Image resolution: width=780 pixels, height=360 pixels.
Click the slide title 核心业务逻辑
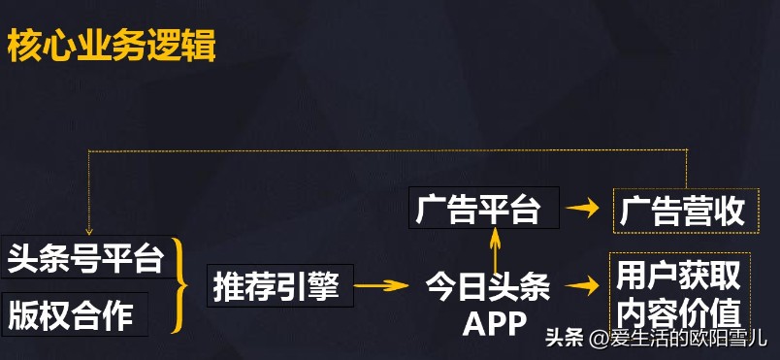112,47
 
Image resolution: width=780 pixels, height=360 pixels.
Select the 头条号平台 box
83,259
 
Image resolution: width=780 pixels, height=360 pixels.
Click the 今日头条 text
488,287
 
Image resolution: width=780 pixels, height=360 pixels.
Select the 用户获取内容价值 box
678,295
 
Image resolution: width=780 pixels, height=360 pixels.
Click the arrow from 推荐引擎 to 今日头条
380,285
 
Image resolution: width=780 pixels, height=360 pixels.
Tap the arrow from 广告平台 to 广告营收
582,208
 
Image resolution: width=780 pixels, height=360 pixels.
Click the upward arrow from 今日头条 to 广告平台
495,250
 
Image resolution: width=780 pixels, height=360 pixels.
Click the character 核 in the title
24,47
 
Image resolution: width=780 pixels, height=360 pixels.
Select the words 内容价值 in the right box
678,313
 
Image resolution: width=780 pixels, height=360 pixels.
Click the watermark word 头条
565,339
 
